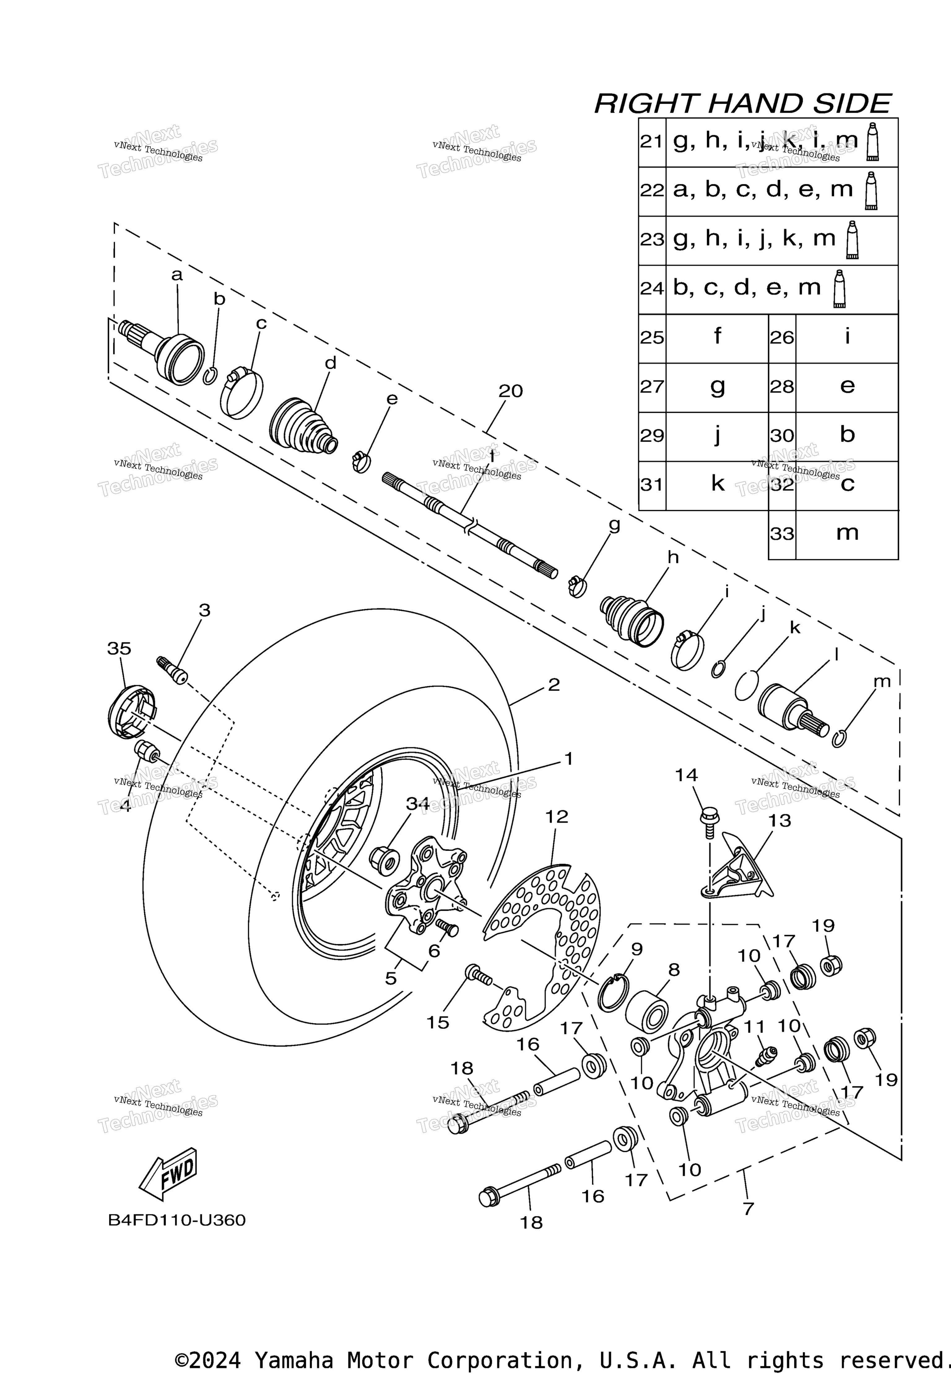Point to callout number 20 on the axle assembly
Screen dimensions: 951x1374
[x=511, y=391]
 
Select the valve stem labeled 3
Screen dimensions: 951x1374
[x=172, y=671]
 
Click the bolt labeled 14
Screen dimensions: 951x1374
[x=710, y=822]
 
